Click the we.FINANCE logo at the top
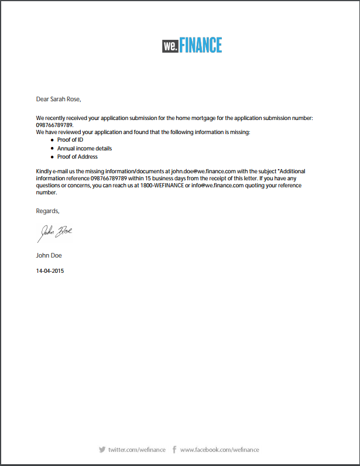tap(192, 45)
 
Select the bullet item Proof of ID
tap(70, 141)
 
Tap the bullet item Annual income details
tap(84, 149)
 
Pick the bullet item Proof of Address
tap(77, 157)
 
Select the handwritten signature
tap(55, 233)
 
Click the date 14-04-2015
tap(50, 271)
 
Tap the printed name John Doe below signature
tap(49, 255)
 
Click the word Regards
tap(47, 211)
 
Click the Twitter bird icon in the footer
tap(102, 450)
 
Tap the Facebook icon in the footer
tap(174, 450)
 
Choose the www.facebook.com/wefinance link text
tap(219, 450)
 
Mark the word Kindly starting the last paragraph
tap(44, 171)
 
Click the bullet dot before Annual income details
tap(52, 149)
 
